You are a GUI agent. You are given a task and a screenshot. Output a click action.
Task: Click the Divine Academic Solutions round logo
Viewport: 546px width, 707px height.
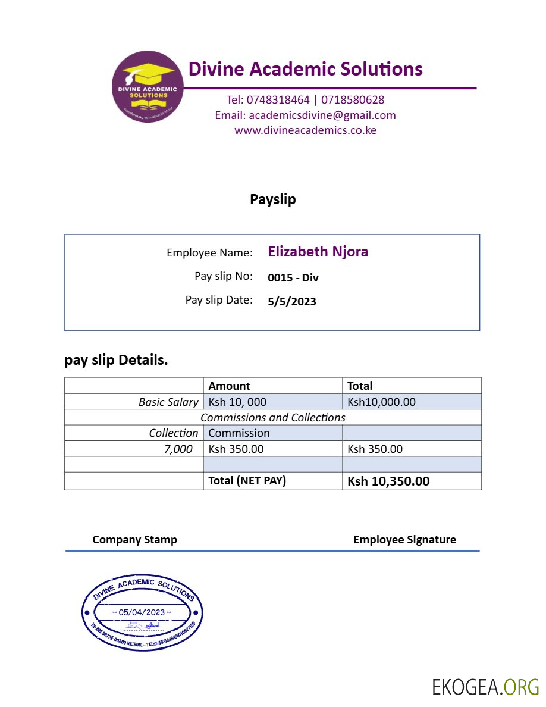[147, 87]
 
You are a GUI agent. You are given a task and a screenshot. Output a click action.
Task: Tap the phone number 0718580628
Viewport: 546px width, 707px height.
[353, 100]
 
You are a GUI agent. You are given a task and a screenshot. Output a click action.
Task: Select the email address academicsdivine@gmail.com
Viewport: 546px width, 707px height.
[322, 115]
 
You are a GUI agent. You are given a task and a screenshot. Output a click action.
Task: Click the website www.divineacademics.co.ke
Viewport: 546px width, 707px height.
[305, 130]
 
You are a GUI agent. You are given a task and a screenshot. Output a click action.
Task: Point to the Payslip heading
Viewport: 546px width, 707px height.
[273, 199]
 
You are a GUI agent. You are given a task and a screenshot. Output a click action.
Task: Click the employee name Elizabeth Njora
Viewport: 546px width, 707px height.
[318, 252]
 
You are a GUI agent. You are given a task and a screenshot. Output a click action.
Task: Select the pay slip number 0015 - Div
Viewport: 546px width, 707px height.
[293, 277]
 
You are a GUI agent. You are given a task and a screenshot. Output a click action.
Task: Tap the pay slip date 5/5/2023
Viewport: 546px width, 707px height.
[292, 301]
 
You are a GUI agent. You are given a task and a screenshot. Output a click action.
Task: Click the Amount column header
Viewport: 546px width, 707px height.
[229, 386]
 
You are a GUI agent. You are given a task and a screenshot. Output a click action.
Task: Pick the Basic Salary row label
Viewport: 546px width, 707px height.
[168, 402]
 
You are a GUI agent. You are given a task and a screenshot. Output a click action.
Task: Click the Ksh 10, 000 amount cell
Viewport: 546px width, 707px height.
[237, 402]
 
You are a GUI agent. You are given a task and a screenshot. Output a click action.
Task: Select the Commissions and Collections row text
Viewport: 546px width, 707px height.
[273, 418]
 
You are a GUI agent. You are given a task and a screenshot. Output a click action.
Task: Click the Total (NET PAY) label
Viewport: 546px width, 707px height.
[247, 481]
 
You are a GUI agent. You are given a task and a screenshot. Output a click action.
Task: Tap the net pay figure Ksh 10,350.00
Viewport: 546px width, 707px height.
[388, 481]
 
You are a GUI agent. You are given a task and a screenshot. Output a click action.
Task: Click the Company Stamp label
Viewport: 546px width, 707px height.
[134, 540]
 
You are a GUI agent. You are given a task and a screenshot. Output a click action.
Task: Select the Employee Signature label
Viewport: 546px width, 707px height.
[404, 540]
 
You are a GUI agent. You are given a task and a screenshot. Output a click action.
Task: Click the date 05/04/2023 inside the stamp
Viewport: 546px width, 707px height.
[142, 612]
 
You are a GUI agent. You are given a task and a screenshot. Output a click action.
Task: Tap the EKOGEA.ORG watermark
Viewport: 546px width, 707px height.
[485, 687]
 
